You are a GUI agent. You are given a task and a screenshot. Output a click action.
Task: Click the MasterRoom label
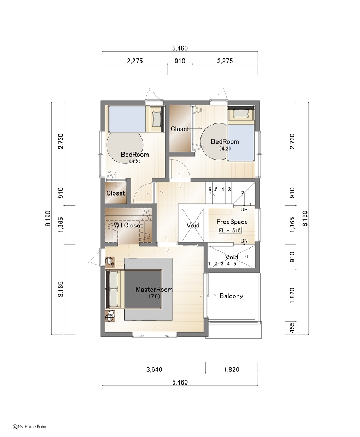[154, 290]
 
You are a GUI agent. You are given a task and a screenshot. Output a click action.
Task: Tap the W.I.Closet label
[128, 225]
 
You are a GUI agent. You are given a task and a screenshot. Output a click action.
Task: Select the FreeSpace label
[232, 222]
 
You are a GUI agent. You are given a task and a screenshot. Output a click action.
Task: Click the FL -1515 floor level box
[230, 231]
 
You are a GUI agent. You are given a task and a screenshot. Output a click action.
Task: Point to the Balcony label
[231, 296]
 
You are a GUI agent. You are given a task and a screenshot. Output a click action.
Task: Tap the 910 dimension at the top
[180, 61]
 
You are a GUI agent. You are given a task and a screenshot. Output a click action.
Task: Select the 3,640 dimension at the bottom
[155, 370]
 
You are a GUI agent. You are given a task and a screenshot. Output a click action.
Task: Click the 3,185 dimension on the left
[61, 289]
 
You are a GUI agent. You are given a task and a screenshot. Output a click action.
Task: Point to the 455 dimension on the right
[292, 328]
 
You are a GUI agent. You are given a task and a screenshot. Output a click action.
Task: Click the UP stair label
[244, 209]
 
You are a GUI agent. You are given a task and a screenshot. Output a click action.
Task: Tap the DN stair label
[244, 241]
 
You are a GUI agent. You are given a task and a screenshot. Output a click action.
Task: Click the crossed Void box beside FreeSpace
[193, 225]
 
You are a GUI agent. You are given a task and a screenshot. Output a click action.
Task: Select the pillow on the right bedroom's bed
[240, 114]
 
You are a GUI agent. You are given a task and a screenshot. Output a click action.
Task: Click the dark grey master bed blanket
[143, 290]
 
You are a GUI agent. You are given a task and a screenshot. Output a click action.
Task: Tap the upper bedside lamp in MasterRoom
[109, 261]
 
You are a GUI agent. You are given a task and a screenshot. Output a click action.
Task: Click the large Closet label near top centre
[180, 129]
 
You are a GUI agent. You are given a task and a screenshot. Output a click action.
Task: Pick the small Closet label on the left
[116, 193]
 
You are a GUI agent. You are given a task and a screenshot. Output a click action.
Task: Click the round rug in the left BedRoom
[125, 145]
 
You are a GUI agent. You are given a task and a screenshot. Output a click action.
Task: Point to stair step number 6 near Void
[246, 256]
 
